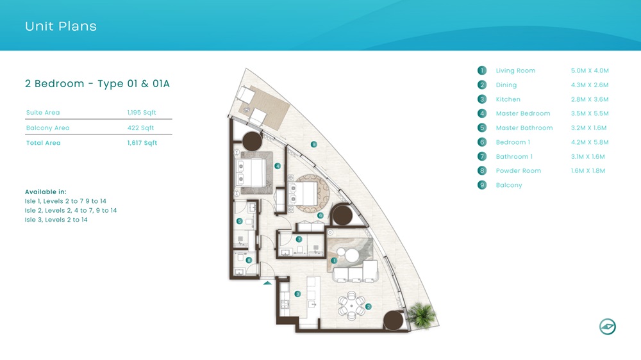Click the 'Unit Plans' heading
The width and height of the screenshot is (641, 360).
point(61,26)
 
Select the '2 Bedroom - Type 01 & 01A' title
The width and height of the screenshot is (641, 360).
point(97,84)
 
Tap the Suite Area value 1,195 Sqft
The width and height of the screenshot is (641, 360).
point(141,113)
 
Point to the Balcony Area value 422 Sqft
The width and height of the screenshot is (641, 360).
point(141,128)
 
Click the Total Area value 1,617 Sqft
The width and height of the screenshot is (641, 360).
point(142,143)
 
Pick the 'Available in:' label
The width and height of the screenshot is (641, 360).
point(46,192)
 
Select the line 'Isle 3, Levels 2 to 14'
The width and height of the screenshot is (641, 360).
point(56,220)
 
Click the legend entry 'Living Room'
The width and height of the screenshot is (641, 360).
point(515,70)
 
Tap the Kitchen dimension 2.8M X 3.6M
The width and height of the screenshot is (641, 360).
point(589,99)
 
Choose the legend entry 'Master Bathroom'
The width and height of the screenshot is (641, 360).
point(524,128)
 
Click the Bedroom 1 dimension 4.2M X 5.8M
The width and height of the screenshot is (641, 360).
point(589,142)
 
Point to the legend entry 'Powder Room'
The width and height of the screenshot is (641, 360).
point(518,171)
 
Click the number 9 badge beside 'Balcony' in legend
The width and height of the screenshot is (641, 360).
point(482,185)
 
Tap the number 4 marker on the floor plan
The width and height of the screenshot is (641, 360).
point(278,166)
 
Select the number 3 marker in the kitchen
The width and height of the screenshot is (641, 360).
point(297,294)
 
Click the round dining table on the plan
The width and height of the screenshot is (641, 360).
point(351,305)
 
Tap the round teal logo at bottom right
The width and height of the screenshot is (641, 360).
point(607,327)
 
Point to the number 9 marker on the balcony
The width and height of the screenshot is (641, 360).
point(313,145)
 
